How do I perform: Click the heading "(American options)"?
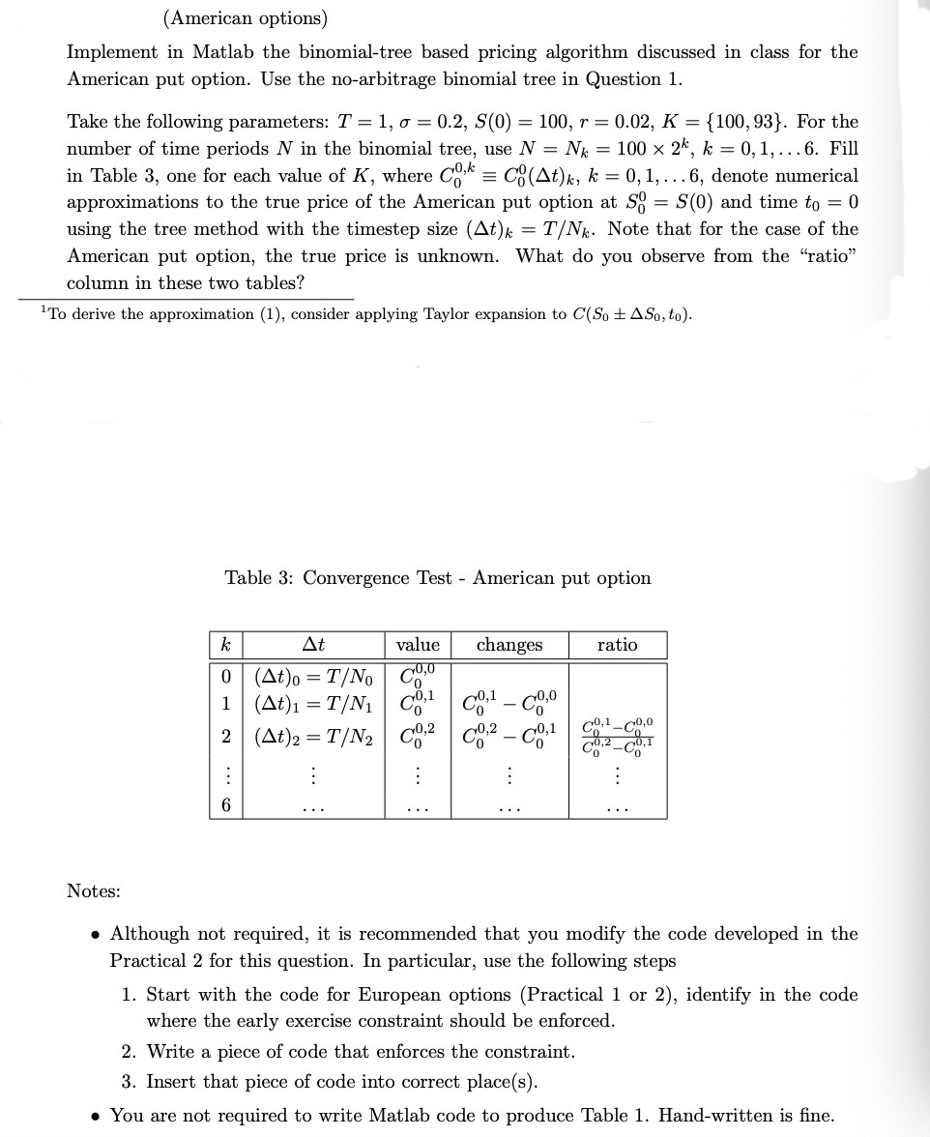246,18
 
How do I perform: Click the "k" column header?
225,645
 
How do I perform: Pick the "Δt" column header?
313,645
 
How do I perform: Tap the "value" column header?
418,645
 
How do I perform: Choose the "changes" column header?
509,645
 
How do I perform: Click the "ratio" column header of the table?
618,645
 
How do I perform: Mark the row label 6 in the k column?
225,805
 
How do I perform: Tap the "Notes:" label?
94,890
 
